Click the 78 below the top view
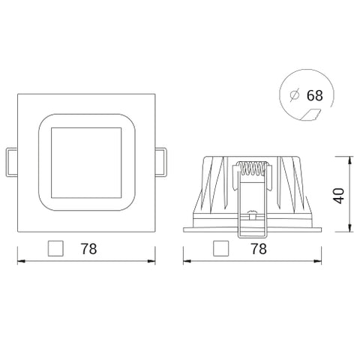(90, 247)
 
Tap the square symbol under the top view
(55, 247)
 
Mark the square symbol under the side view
(220, 247)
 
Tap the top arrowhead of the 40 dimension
(349, 160)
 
